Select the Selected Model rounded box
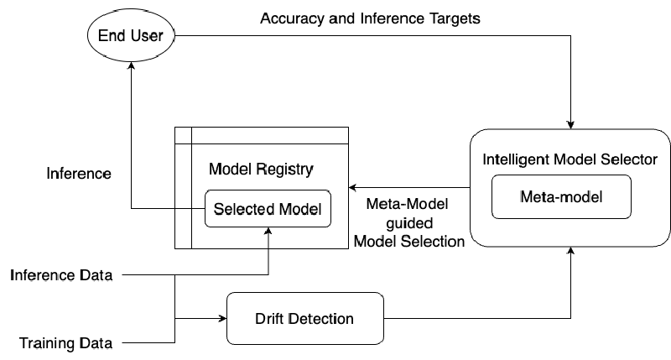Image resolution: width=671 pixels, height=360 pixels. point(268,209)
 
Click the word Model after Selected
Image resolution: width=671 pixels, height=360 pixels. point(300,209)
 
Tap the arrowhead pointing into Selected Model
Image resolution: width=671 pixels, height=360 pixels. point(268,232)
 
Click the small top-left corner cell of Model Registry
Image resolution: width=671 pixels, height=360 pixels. point(183,136)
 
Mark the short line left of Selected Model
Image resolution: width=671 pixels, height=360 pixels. point(190,208)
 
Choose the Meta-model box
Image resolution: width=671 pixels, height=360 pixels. point(561,197)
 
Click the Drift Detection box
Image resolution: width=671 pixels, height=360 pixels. point(304,318)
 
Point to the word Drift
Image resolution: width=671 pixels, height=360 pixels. point(270,319)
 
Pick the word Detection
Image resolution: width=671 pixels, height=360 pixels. point(321,319)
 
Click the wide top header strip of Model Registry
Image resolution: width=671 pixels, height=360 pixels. point(269,136)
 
